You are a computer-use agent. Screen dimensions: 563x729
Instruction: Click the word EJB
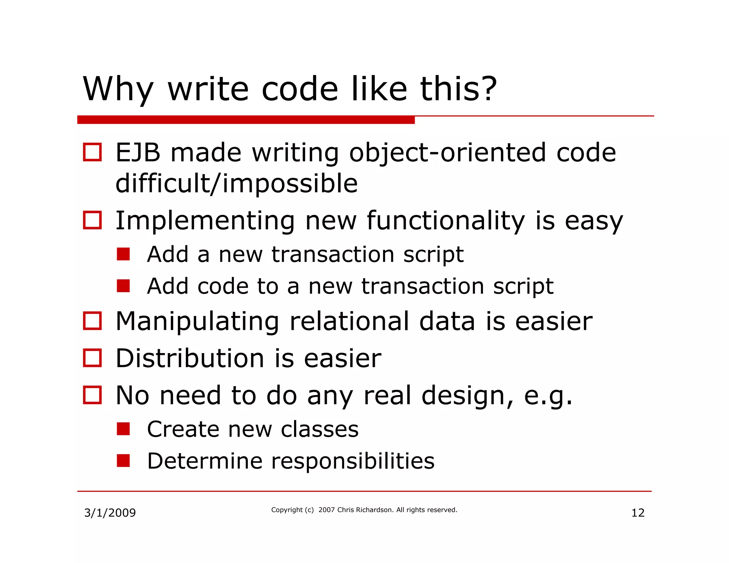(138, 153)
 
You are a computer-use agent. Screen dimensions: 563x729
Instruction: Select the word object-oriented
(447, 153)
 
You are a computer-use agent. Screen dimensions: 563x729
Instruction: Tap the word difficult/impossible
(236, 184)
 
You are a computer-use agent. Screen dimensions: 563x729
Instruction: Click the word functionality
(446, 221)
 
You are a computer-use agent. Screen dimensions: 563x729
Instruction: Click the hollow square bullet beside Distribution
(92, 358)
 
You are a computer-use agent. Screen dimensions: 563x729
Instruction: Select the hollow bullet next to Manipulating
(92, 321)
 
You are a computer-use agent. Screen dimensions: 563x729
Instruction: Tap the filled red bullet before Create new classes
(123, 429)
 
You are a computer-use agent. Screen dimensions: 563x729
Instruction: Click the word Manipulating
(197, 322)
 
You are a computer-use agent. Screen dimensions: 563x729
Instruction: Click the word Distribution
(190, 358)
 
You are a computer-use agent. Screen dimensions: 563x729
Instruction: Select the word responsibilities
(353, 462)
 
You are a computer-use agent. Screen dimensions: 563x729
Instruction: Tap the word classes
(320, 430)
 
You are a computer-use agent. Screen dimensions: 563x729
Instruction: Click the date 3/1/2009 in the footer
(110, 513)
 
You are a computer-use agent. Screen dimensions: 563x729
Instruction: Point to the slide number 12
(638, 513)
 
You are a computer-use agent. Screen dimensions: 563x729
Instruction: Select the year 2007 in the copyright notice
(326, 510)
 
